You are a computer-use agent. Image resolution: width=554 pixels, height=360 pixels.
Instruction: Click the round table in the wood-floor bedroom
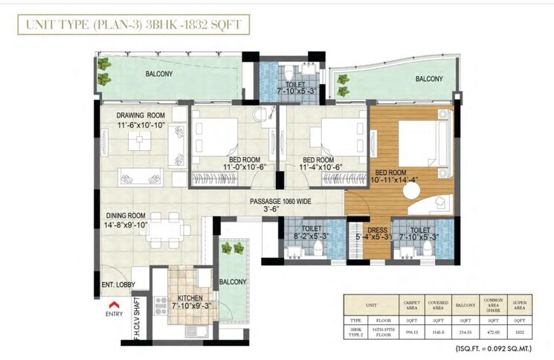point(411,191)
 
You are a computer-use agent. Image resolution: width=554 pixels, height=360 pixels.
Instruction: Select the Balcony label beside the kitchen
point(233,283)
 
